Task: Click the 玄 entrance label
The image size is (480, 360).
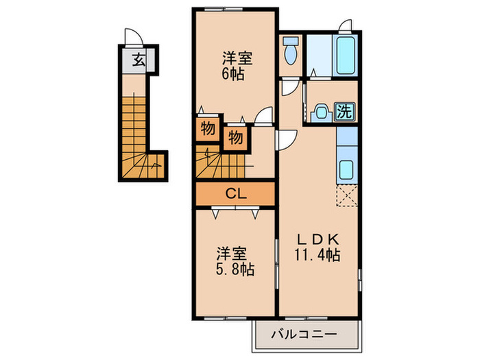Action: click(x=139, y=60)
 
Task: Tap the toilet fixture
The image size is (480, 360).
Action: click(x=291, y=51)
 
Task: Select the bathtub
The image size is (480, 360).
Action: click(x=346, y=56)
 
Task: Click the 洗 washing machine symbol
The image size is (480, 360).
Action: click(x=345, y=112)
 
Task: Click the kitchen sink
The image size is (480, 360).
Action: click(x=347, y=169)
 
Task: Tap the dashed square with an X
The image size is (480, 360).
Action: click(x=347, y=195)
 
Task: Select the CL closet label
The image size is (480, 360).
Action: click(x=236, y=193)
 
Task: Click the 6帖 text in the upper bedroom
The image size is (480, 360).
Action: click(x=233, y=74)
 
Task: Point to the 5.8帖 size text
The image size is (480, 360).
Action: click(x=235, y=269)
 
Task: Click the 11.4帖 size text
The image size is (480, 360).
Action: click(x=317, y=254)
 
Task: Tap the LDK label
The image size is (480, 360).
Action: click(x=317, y=239)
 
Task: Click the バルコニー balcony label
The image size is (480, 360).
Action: click(x=304, y=333)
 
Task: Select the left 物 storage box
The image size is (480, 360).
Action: click(x=208, y=129)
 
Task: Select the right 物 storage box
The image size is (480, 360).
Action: click(x=235, y=139)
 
